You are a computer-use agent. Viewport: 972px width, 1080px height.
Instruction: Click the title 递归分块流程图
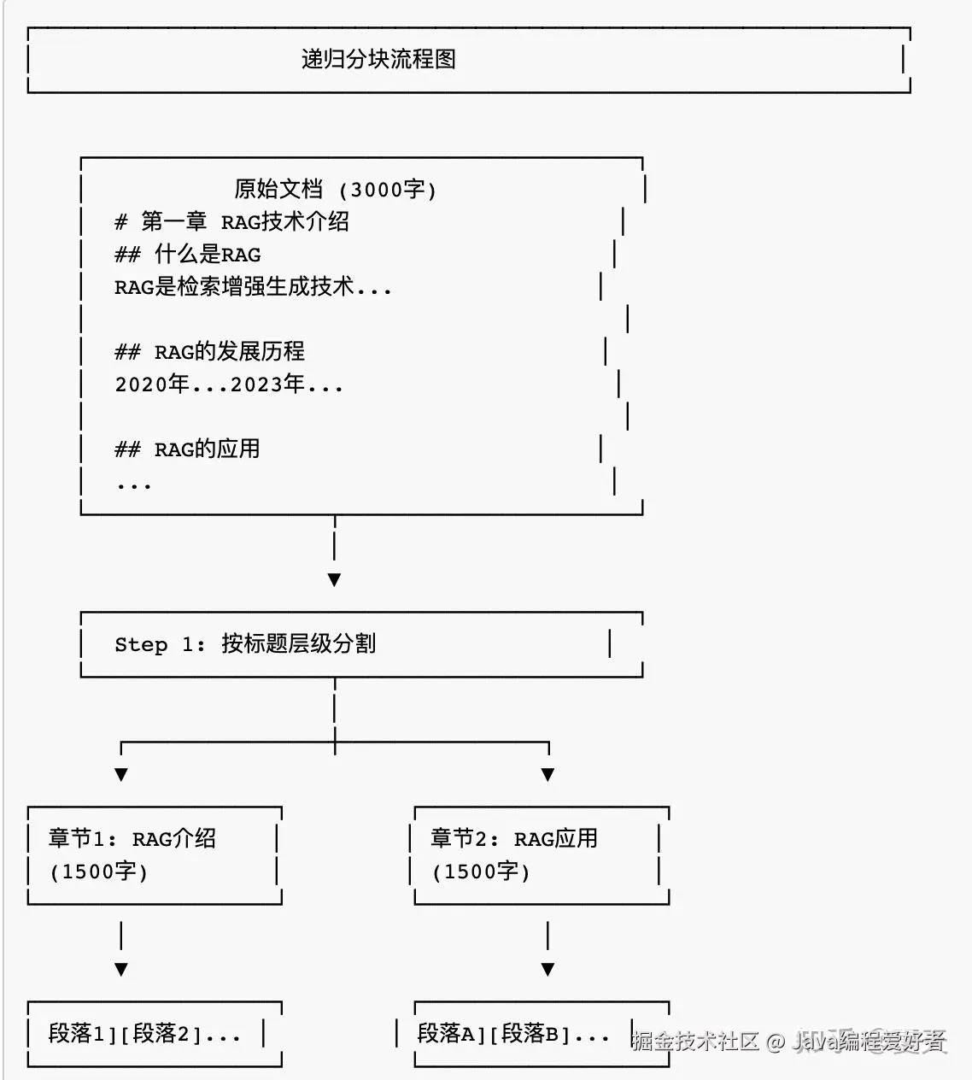tap(378, 59)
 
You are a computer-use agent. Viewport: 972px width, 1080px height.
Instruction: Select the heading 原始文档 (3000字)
tap(335, 190)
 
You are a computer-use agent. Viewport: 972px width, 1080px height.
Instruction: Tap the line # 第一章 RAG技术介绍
tap(231, 222)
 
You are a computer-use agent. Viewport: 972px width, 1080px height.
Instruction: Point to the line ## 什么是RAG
tap(187, 254)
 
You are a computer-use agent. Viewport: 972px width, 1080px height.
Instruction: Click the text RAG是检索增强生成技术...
tap(234, 286)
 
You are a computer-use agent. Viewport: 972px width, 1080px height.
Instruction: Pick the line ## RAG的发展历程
tap(209, 351)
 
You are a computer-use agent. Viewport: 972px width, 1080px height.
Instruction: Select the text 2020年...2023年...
tap(209, 384)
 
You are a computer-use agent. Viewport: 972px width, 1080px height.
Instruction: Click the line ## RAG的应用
tap(187, 449)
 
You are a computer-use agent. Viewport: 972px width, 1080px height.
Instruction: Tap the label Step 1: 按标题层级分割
tap(245, 644)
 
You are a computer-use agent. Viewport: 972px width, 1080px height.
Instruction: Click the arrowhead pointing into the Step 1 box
tap(334, 580)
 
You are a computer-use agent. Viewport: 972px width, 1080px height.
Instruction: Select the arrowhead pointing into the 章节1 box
tap(121, 775)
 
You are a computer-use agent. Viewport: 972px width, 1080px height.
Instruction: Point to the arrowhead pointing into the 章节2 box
tap(547, 775)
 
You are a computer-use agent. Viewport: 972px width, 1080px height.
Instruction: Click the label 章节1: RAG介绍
tap(132, 839)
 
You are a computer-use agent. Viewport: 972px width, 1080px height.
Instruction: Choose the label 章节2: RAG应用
tap(514, 839)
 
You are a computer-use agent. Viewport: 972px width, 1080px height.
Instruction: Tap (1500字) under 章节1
tap(98, 872)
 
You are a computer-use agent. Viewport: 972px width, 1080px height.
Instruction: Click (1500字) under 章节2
tap(481, 872)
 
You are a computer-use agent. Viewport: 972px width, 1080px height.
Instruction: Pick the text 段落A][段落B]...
tap(494, 1034)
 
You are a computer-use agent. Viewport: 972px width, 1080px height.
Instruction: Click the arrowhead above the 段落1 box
tap(121, 970)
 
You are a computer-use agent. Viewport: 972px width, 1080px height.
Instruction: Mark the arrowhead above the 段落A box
tap(547, 970)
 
